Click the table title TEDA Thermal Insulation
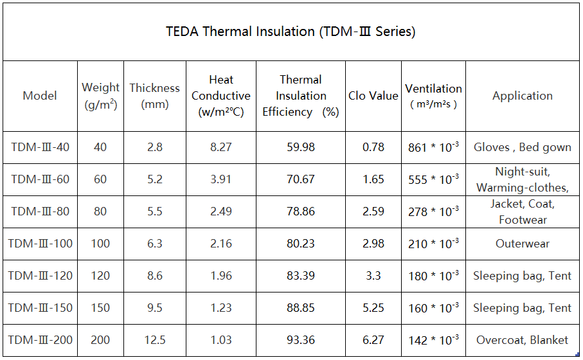coord(291,32)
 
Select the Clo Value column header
coord(373,96)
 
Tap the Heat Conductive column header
coord(221,96)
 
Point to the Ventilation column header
coord(433,96)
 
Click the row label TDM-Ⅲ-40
coord(40,147)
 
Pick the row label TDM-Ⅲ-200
coord(40,340)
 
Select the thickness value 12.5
coord(155,340)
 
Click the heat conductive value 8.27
coord(221,147)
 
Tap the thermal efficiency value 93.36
coord(301,340)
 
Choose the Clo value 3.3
coord(373,276)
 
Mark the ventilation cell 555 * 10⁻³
coord(433,179)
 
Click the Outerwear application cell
coord(522,244)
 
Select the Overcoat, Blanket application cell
coord(522,340)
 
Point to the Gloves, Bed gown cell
coord(522,147)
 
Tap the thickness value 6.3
coord(155,244)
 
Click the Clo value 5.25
coord(373,308)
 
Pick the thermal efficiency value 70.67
coord(301,179)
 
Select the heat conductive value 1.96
coord(221,276)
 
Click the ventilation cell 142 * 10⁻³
coord(433,340)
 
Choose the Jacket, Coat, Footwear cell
coord(522,212)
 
